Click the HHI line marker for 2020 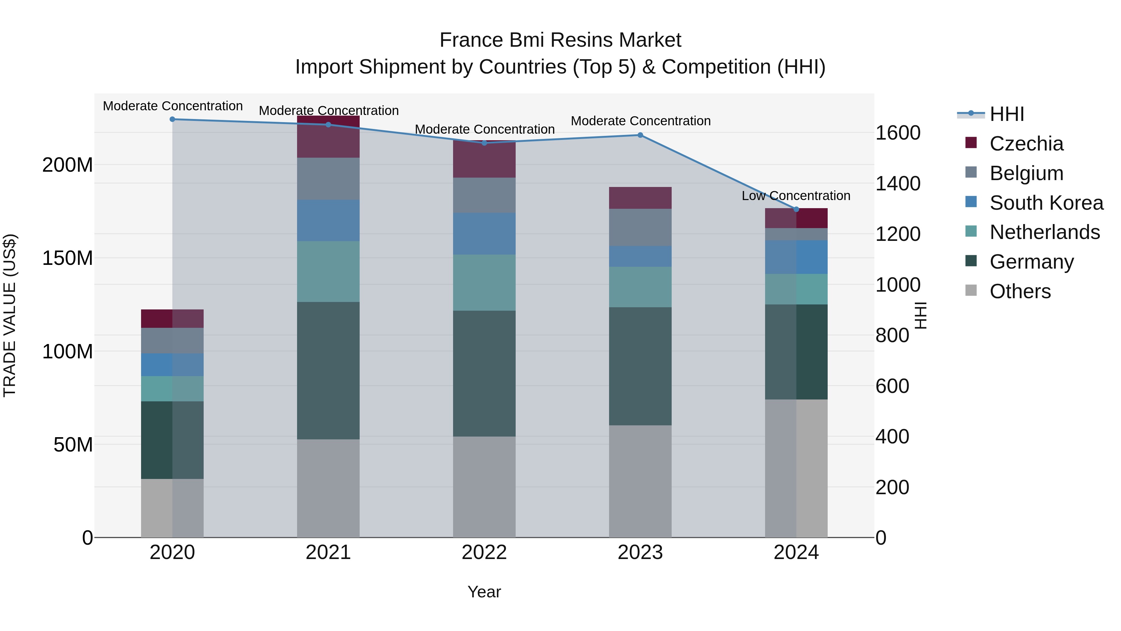click(x=172, y=119)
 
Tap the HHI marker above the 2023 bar click(x=640, y=135)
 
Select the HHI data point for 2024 click(x=796, y=209)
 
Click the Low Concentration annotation click(x=796, y=196)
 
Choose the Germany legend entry click(x=1031, y=262)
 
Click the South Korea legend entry click(x=1046, y=203)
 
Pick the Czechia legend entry click(x=1026, y=144)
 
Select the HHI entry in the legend click(x=1006, y=114)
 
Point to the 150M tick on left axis click(x=68, y=258)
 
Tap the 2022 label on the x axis click(x=484, y=552)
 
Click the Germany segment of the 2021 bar click(x=328, y=370)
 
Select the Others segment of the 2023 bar click(x=640, y=481)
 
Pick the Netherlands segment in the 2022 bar click(x=484, y=282)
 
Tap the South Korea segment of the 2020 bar click(x=172, y=365)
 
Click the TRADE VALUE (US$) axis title click(x=10, y=315)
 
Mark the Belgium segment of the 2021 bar click(x=328, y=179)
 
